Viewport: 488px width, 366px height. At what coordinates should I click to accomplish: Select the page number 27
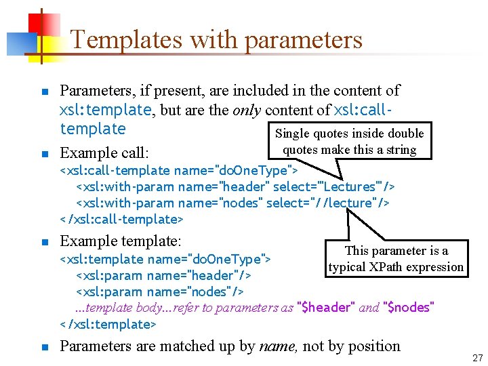pos(477,358)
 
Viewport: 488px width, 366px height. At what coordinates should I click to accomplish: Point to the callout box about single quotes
pos(349,142)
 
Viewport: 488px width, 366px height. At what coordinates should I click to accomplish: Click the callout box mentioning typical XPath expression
pos(396,259)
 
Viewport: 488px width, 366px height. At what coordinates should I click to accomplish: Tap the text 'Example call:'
pos(104,152)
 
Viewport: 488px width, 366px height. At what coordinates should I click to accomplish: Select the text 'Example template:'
pos(121,241)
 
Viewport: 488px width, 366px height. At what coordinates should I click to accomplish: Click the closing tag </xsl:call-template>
pos(122,219)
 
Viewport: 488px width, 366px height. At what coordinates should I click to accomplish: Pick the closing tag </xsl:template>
pos(108,324)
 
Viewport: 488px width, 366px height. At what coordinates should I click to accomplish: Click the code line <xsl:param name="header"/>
pos(163,275)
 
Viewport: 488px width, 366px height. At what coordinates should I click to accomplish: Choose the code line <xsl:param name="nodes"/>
pos(160,291)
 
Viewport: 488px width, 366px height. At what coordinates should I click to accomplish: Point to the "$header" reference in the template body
pos(327,308)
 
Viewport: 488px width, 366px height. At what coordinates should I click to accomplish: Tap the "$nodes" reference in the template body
pos(408,308)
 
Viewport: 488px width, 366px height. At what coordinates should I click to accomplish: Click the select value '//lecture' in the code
pos(346,203)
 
